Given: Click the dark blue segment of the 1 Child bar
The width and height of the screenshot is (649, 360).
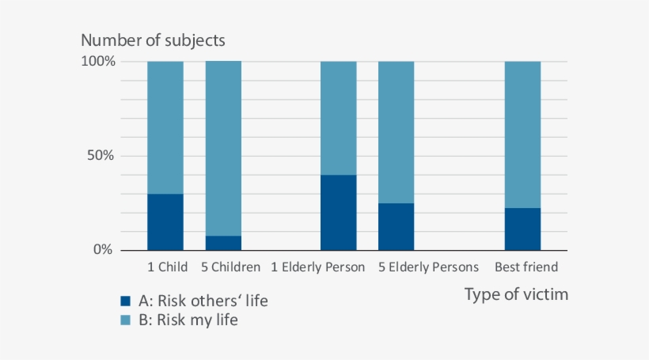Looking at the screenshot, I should pos(165,222).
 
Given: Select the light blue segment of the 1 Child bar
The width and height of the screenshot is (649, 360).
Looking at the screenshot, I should pos(165,127).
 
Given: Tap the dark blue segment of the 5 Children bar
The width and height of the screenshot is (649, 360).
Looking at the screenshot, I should pos(223,243).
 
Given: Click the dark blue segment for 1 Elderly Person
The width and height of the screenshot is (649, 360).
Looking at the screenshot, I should pos(338,212).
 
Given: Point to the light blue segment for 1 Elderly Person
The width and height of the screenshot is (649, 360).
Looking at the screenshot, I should pos(338,118).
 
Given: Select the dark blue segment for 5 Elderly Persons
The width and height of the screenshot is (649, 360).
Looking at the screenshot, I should pos(396,226).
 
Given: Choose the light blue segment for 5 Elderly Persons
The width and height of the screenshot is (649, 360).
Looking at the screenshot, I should pos(396,132).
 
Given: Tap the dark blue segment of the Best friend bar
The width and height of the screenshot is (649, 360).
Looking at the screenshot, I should pos(522,229).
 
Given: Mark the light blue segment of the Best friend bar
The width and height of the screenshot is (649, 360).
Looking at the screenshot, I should pos(522,135).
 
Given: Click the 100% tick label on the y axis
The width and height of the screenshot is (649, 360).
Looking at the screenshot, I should pos(99,61).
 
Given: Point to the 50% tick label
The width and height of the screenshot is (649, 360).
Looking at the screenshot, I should pos(102,155).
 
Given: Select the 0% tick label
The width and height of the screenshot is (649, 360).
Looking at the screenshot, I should pos(104,250).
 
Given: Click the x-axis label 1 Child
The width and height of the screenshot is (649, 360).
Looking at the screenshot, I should pos(167,267).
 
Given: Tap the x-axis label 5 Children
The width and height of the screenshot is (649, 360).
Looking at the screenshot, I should pos(230,267).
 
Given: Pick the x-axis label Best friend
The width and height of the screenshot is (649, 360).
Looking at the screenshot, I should pos(526,267).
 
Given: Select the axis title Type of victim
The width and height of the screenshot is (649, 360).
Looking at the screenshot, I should pos(516,295).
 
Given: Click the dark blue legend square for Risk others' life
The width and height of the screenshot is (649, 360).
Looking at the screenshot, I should pos(125,301).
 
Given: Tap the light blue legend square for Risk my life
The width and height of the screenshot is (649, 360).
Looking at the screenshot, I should pos(125,320).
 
